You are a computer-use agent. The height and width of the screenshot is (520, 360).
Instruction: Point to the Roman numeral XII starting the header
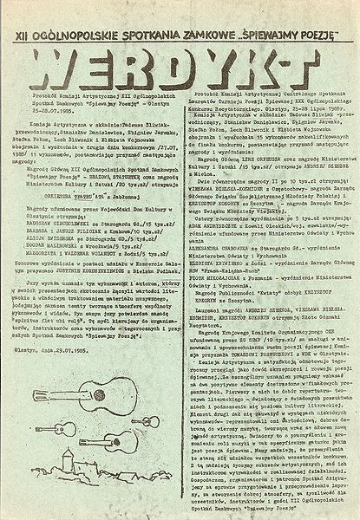(x=36, y=12)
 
